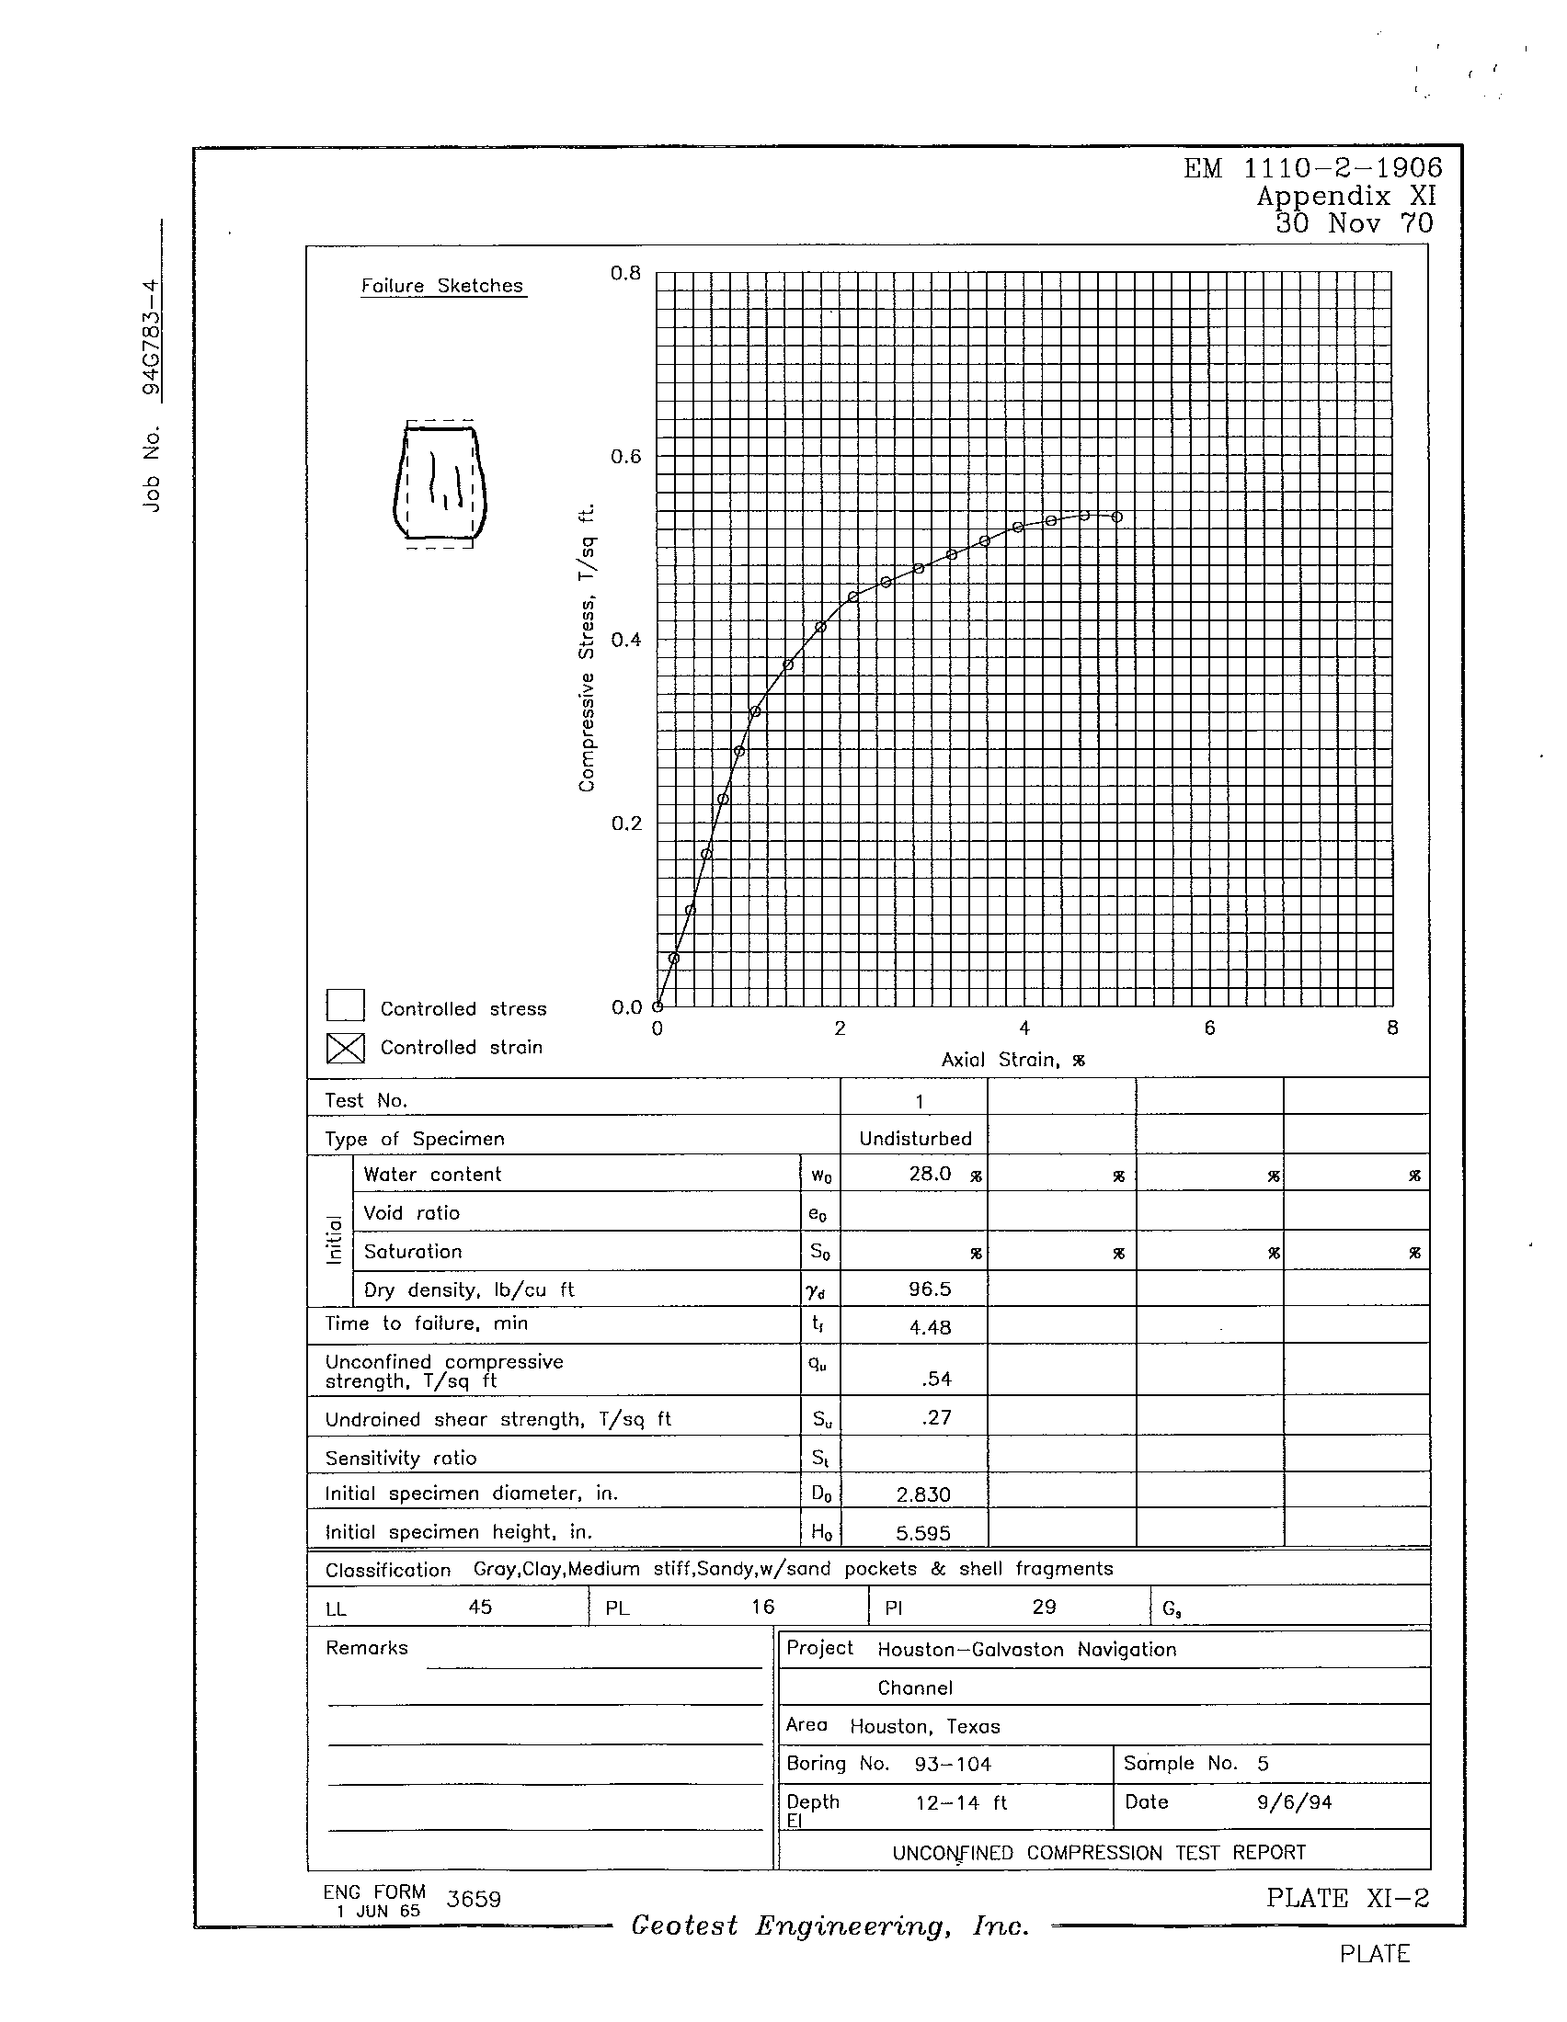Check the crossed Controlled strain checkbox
[x=345, y=1048]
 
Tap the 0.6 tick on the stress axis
[x=625, y=458]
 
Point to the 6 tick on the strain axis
[x=1208, y=1028]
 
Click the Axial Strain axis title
[x=1012, y=1060]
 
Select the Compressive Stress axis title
[x=586, y=648]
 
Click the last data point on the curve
[x=1117, y=517]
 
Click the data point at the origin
[x=658, y=1006]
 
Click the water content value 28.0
[x=930, y=1174]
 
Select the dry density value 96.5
[x=929, y=1289]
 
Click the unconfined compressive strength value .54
[x=936, y=1379]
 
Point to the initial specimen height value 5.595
[x=923, y=1533]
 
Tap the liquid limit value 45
[x=480, y=1607]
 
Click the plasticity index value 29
[x=1044, y=1607]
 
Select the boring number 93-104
[x=952, y=1765]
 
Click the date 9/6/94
[x=1294, y=1802]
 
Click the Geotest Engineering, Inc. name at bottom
[x=829, y=1925]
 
